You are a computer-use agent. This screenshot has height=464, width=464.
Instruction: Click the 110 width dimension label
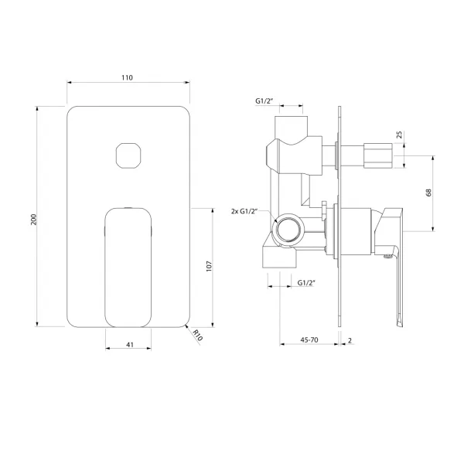pyautogui.click(x=128, y=77)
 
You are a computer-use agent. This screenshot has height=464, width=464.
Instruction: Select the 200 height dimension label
pyautogui.click(x=34, y=220)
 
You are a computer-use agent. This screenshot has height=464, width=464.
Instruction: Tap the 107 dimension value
pyautogui.click(x=210, y=266)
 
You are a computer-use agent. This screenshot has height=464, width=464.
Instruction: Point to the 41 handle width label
pyautogui.click(x=130, y=345)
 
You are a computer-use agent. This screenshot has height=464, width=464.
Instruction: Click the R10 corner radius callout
pyautogui.click(x=197, y=336)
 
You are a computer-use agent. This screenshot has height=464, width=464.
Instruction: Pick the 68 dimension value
pyautogui.click(x=428, y=193)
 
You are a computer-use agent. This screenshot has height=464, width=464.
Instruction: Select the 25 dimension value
pyautogui.click(x=399, y=135)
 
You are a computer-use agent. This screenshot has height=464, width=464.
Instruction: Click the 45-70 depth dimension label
pyautogui.click(x=309, y=340)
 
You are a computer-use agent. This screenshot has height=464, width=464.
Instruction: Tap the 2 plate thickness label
pyautogui.click(x=350, y=340)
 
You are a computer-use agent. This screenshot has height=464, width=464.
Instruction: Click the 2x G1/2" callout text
pyautogui.click(x=244, y=212)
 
